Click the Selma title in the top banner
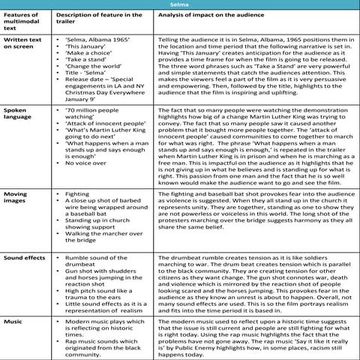click(179, 5)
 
